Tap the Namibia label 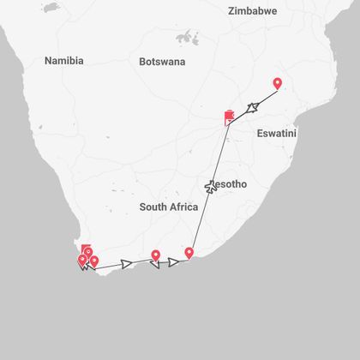(64, 61)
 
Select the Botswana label (162, 62)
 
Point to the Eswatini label (276, 134)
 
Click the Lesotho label (228, 183)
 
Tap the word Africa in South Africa (184, 207)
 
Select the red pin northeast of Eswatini (277, 83)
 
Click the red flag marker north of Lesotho (228, 117)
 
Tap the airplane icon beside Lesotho (211, 185)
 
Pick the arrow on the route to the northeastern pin (254, 105)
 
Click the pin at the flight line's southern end (189, 253)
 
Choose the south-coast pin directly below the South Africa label (155, 255)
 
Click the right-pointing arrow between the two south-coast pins (173, 261)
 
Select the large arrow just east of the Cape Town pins (127, 263)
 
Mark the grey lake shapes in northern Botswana (185, 37)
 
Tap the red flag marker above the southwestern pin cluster (83, 249)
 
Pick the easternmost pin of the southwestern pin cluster (93, 261)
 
